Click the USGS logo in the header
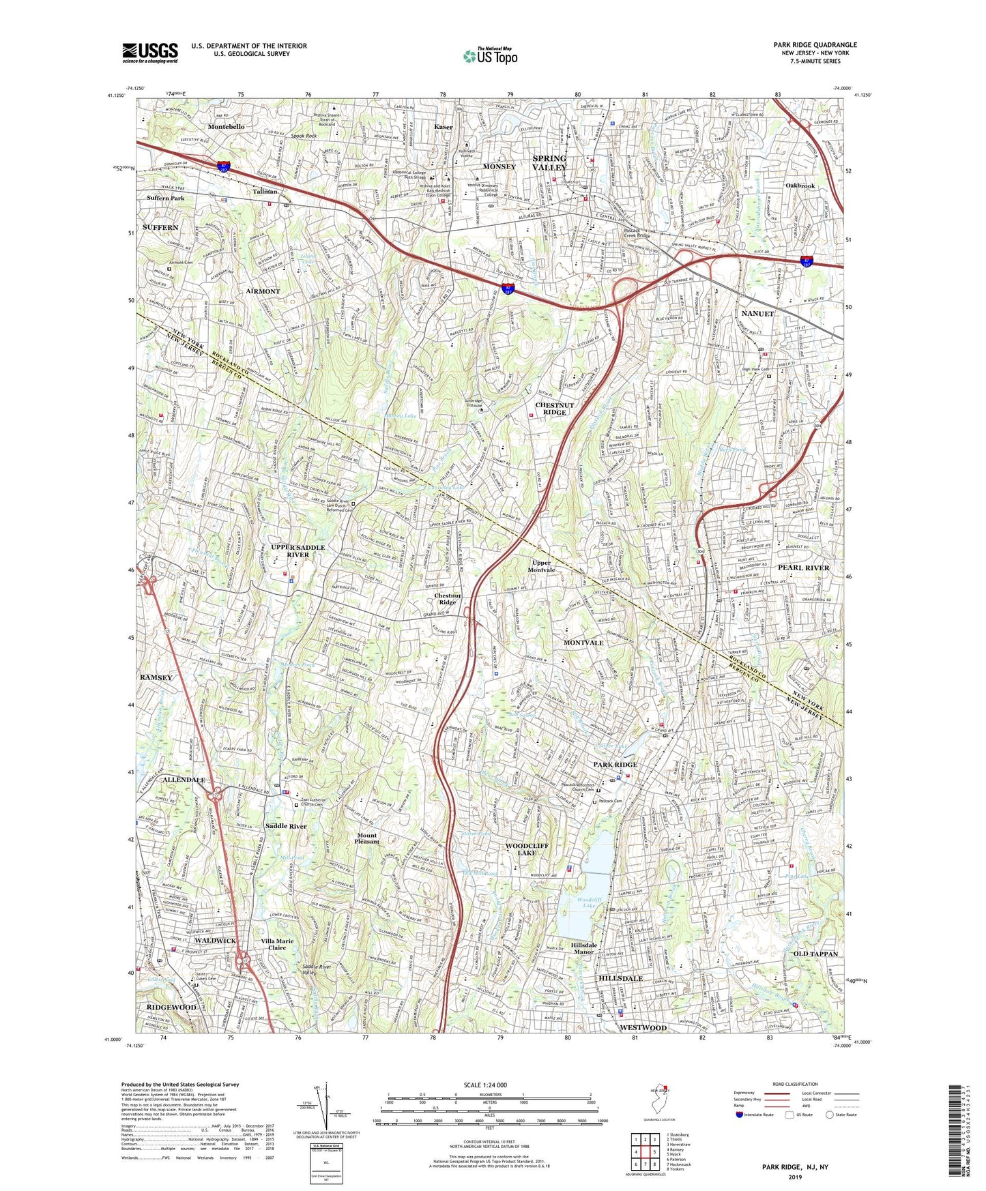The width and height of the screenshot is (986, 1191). pos(150,53)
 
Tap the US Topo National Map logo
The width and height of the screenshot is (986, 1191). pos(489,56)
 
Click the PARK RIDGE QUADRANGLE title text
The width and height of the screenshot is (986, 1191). pos(815,45)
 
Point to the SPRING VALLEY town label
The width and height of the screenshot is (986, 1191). pos(549,162)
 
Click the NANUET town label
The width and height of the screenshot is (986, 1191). pos(757,314)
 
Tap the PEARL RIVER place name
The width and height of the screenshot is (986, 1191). pos(803,568)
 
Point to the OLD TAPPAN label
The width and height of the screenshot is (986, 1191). pos(815,954)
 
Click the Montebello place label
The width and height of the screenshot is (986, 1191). pos(226,127)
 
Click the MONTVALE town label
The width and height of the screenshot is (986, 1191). pos(583,643)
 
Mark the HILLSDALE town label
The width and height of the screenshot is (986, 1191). pos(620,978)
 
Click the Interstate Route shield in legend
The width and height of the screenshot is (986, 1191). pos(739,1115)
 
